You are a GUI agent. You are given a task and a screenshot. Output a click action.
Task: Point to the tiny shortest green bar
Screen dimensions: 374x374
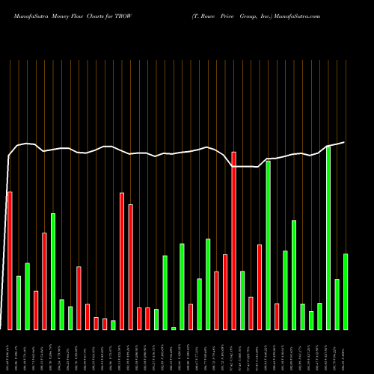tap(174, 328)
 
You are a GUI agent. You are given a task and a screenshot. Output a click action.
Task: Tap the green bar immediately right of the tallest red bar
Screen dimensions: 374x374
tap(242, 300)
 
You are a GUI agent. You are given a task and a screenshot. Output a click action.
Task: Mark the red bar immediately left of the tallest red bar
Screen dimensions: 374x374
tap(225, 292)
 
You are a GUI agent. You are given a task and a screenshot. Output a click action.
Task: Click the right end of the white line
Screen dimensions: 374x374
tap(344, 142)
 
